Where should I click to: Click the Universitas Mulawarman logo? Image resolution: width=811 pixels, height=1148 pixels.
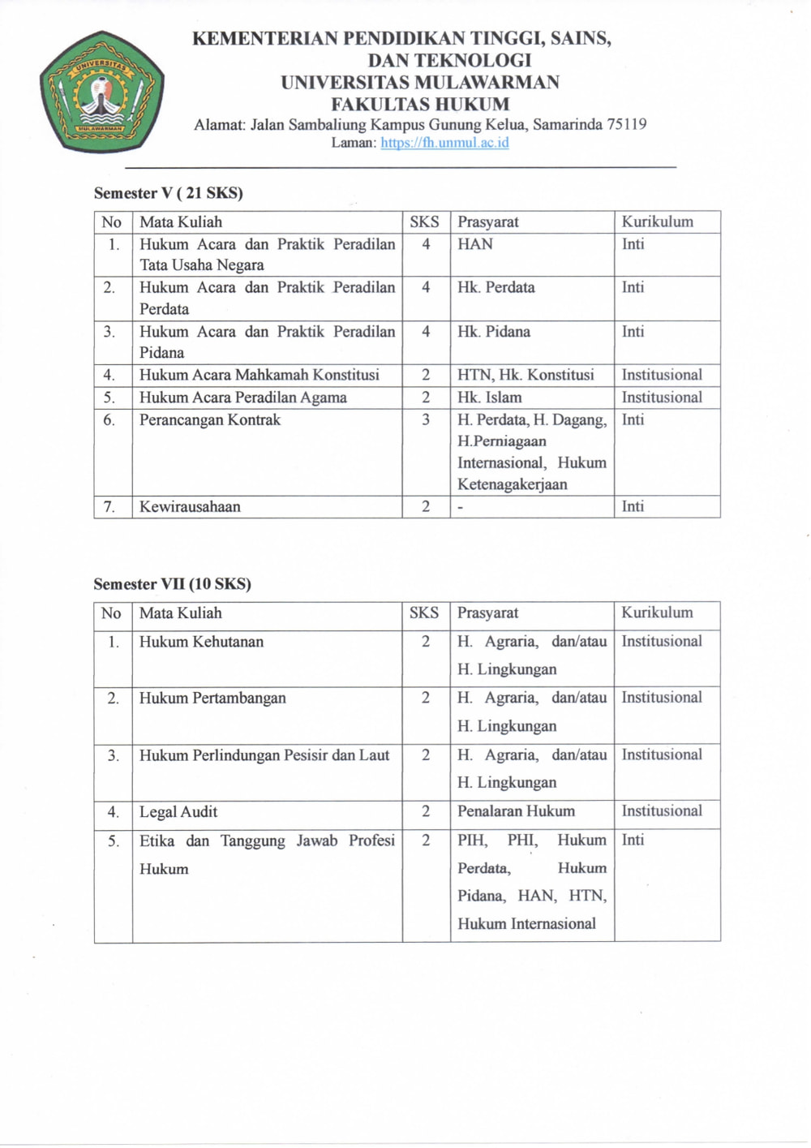(102, 92)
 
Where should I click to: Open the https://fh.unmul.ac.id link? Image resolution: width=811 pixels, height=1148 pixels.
(444, 143)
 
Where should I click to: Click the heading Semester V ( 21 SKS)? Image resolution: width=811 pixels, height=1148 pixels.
(169, 193)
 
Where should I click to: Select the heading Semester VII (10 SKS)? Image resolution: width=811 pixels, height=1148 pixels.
(172, 584)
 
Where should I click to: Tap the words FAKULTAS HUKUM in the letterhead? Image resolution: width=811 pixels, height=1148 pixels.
(420, 104)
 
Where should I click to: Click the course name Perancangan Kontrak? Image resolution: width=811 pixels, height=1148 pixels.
(210, 420)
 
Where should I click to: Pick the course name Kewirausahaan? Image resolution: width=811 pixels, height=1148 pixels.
(190, 507)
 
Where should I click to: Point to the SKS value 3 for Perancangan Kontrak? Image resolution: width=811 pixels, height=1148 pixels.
(426, 420)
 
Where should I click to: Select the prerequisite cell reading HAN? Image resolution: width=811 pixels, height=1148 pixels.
(475, 244)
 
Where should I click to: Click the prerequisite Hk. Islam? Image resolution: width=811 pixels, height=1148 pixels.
(490, 398)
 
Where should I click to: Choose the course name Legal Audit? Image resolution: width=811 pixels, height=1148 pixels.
(178, 812)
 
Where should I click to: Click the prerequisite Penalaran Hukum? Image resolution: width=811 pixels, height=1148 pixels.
(516, 811)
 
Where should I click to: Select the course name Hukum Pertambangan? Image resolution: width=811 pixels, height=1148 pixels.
(212, 698)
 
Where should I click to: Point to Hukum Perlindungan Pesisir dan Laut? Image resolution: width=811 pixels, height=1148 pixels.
(264, 755)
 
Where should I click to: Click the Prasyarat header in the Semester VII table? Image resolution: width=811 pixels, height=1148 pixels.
(487, 613)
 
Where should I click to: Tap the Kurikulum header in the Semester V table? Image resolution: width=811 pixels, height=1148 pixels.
(657, 221)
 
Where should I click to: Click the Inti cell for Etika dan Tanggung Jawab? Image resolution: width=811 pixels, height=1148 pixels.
(633, 841)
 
